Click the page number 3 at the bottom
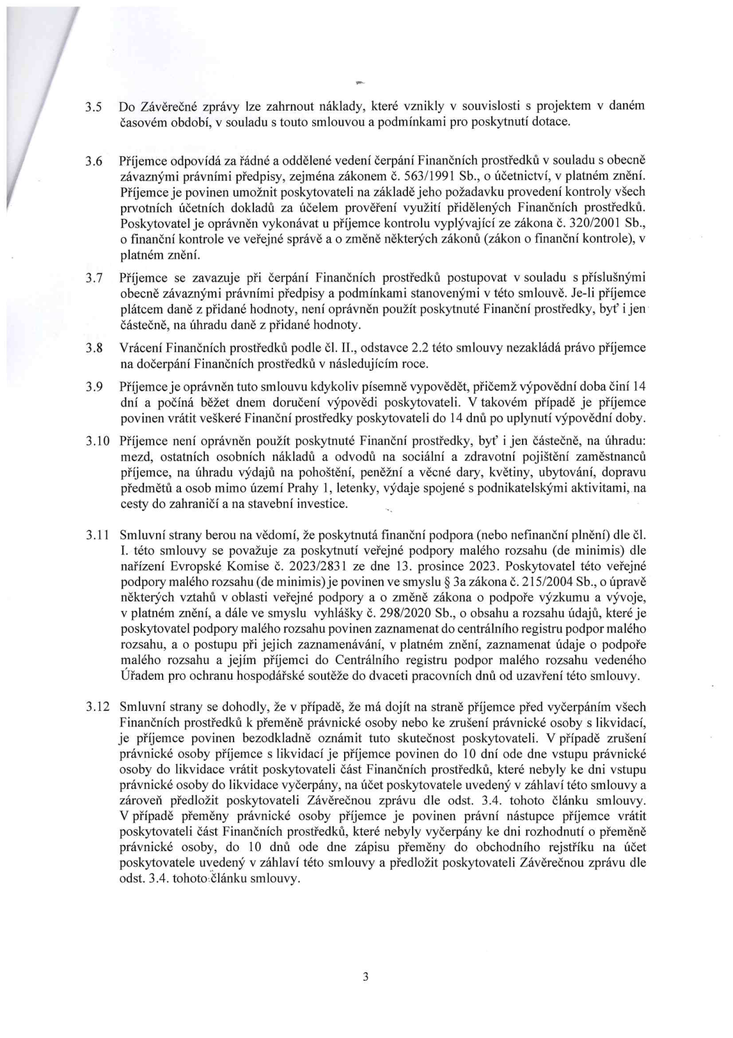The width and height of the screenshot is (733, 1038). tap(365, 977)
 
